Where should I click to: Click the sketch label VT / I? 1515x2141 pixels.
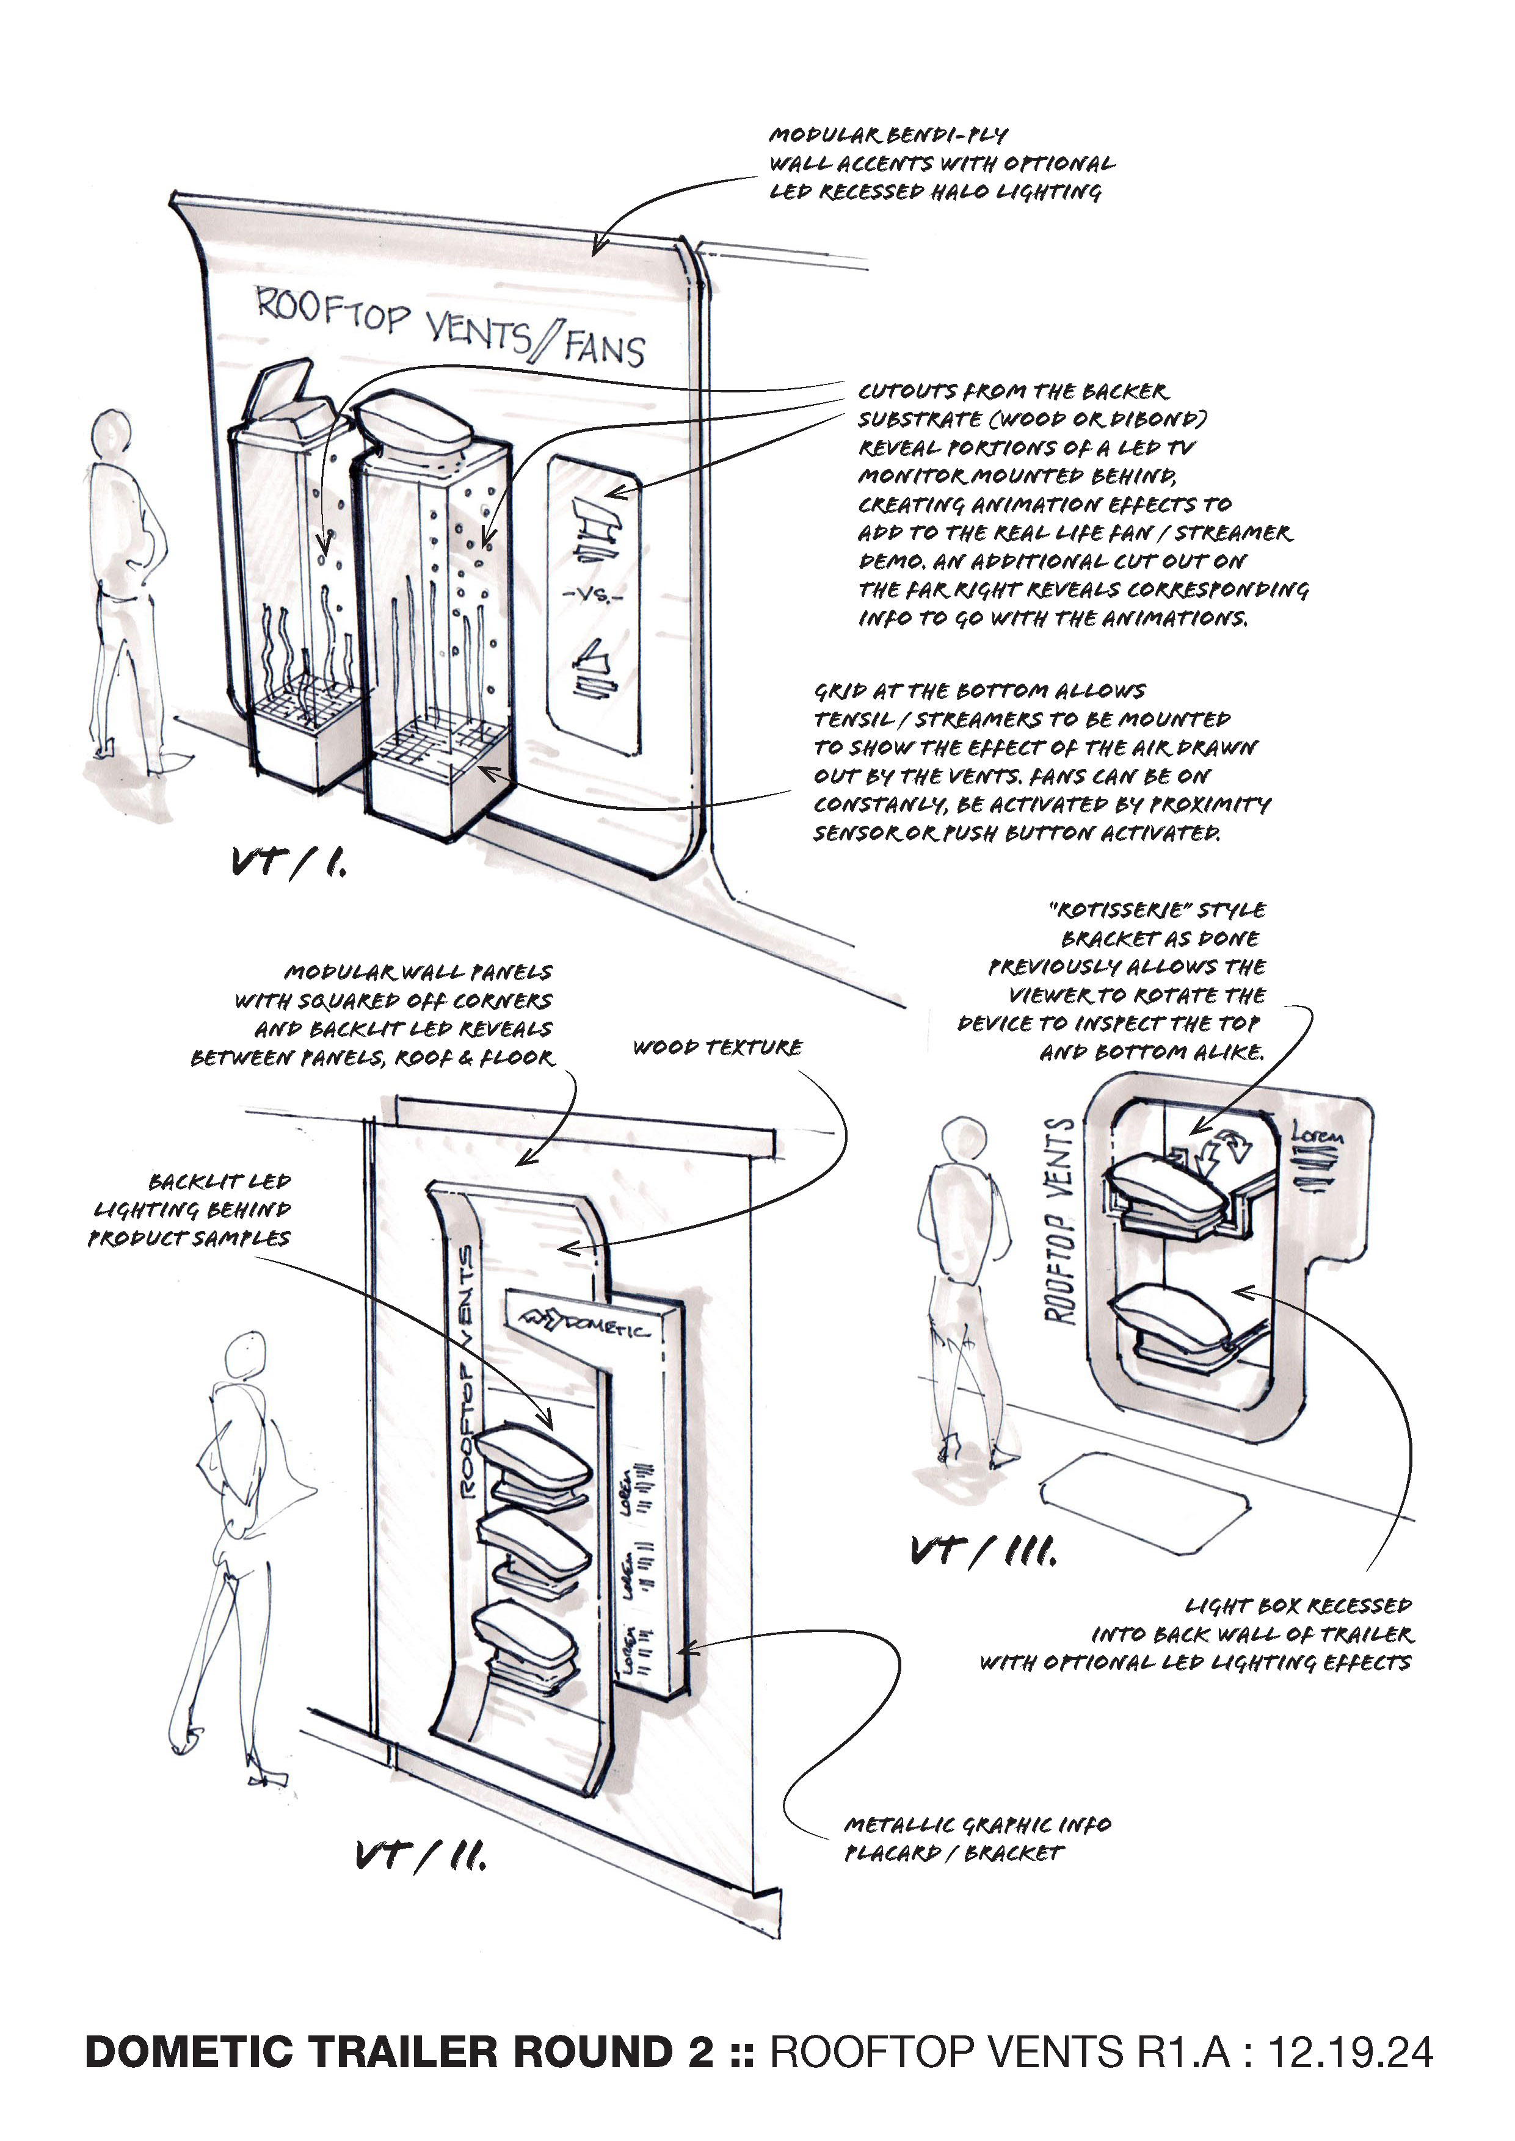pos(288,862)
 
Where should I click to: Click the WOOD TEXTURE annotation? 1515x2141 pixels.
pos(716,1047)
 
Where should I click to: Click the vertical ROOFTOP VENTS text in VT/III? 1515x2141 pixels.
pos(1059,1222)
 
